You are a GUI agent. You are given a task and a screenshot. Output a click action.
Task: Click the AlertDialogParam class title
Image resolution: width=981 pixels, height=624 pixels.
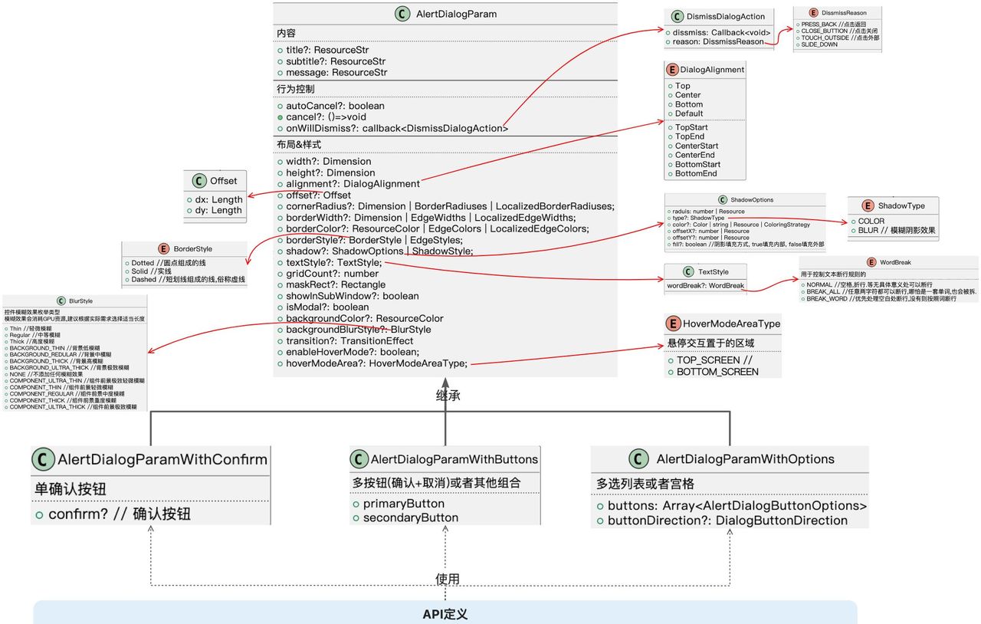[456, 13]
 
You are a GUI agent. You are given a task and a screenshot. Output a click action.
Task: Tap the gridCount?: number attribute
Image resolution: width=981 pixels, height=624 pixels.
[332, 274]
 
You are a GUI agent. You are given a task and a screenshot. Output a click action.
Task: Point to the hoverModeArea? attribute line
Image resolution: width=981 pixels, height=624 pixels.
[376, 363]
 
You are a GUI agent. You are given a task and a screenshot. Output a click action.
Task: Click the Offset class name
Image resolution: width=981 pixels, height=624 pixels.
[224, 181]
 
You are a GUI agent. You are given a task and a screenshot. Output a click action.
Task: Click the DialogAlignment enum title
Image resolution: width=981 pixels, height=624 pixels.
[712, 69]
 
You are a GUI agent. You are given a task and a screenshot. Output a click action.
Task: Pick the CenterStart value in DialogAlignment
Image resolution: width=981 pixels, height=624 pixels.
[697, 146]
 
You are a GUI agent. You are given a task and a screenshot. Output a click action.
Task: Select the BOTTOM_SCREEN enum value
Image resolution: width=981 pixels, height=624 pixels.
[717, 372]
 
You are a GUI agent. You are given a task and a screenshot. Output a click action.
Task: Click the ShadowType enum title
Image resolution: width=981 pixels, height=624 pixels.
[901, 205]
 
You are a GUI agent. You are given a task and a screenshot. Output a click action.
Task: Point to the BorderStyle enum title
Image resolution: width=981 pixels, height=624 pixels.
[193, 249]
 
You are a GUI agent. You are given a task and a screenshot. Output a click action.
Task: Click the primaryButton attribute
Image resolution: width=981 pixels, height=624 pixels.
[403, 504]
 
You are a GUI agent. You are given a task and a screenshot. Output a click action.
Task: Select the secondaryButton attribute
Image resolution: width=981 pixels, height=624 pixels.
[411, 517]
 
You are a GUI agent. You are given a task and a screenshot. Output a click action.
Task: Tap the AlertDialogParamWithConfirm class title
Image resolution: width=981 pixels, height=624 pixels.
[162, 460]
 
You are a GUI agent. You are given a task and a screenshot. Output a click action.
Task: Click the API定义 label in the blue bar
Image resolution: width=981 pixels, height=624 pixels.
[445, 614]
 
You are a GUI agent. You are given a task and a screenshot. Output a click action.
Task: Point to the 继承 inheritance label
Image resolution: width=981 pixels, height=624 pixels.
[448, 396]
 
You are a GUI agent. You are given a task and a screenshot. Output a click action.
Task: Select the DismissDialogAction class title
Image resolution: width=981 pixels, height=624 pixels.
[725, 16]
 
